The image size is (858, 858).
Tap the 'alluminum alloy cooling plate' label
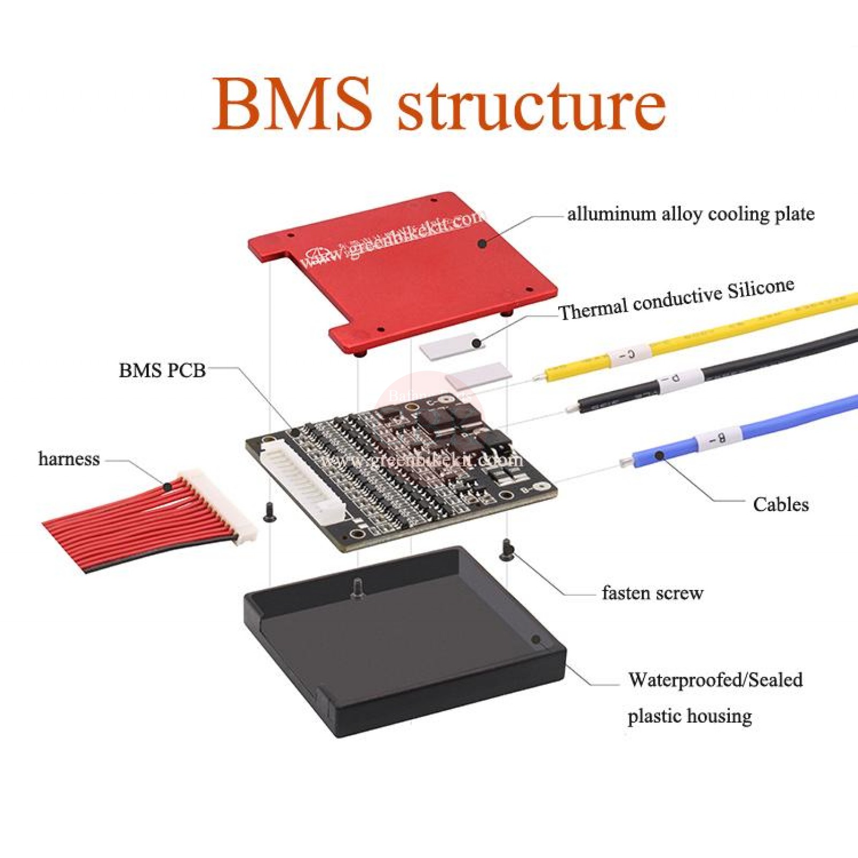click(691, 214)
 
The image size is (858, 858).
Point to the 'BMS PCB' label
click(162, 370)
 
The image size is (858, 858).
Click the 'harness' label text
click(69, 459)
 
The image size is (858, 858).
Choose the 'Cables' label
click(780, 504)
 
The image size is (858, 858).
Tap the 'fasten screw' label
click(652, 593)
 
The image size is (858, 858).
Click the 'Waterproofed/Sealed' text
click(715, 680)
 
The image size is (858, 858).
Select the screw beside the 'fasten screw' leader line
click(506, 551)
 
